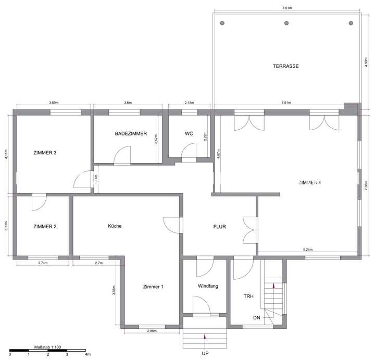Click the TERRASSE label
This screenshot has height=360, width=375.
[x=285, y=66]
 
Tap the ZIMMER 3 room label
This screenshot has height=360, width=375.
[x=44, y=153]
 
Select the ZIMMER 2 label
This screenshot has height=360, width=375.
[x=44, y=227]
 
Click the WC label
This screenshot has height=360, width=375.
[x=189, y=133]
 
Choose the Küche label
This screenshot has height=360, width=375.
[x=115, y=226]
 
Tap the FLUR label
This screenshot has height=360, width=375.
[x=219, y=227]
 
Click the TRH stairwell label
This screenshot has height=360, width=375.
[x=249, y=296]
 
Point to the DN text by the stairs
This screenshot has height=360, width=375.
[x=256, y=318]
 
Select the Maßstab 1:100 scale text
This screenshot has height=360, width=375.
[x=48, y=346]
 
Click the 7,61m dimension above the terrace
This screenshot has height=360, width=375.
[x=286, y=8]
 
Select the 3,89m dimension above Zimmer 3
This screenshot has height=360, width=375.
[x=54, y=103]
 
